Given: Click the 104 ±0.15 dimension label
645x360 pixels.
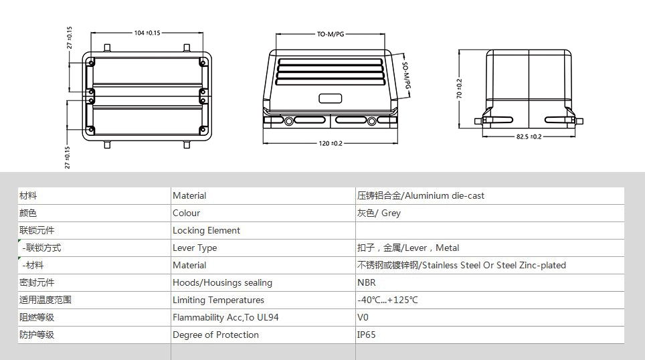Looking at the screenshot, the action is click(x=147, y=33).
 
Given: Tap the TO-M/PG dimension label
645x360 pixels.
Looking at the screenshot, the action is click(x=331, y=34).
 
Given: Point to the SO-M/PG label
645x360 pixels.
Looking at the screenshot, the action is click(x=406, y=76).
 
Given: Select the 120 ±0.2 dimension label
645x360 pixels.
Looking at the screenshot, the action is click(x=331, y=144).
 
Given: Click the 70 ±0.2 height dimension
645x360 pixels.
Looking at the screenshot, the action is click(x=459, y=88).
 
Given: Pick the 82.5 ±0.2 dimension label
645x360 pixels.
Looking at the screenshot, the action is click(x=529, y=137).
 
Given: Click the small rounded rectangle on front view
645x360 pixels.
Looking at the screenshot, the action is click(x=331, y=98).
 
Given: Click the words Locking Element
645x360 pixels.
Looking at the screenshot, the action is click(x=206, y=230).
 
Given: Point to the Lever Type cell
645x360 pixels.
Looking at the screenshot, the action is click(x=195, y=248).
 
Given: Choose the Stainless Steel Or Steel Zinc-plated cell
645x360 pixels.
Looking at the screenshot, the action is click(x=461, y=266).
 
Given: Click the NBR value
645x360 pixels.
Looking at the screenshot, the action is click(x=366, y=282).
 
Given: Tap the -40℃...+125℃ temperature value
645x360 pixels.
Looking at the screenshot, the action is click(x=387, y=300).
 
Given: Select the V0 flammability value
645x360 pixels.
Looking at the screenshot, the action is click(x=363, y=318).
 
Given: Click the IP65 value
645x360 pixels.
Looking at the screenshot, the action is click(x=366, y=335).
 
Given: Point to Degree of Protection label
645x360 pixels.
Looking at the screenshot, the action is click(x=215, y=335).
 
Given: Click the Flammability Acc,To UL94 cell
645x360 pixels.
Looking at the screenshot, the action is click(x=225, y=318).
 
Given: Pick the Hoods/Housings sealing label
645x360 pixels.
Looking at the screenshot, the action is click(x=222, y=282).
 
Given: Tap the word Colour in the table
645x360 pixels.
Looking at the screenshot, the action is click(x=186, y=213).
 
